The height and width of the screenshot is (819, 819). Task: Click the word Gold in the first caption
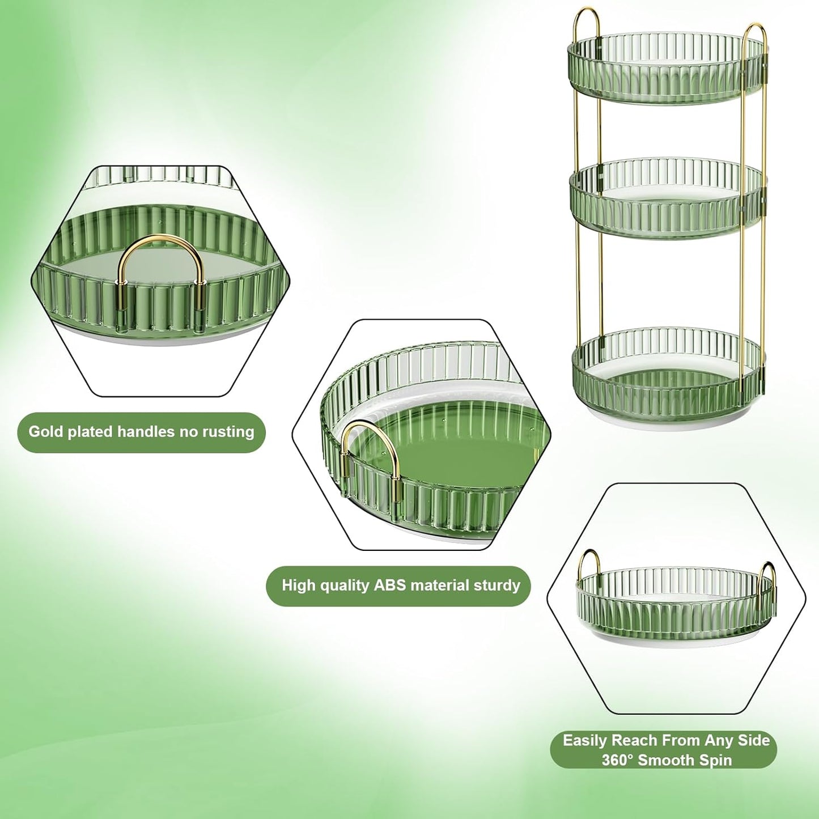pos(45,432)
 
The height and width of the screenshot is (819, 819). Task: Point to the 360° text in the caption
pos(617,760)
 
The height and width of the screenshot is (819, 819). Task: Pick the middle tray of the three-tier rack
pos(666,198)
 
